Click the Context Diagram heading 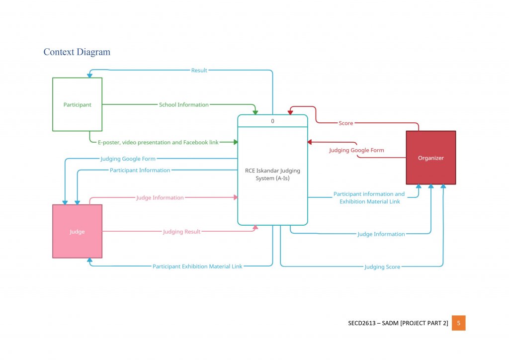coord(77,52)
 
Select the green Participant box coord(77,104)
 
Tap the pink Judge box coord(77,231)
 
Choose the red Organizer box coord(430,158)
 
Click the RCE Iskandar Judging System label coord(272,174)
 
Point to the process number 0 coord(272,121)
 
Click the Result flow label coord(199,70)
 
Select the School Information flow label coord(183,104)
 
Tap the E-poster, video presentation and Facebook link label coord(158,142)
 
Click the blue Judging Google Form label coord(128,159)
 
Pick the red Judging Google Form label coord(356,150)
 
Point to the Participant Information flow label coord(140,170)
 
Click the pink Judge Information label coord(160,197)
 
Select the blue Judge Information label coord(381,234)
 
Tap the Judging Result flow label coord(181,231)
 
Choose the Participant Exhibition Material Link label coord(197,266)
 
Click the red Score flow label coord(345,123)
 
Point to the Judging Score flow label coord(382,267)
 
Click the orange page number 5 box coord(458,323)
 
